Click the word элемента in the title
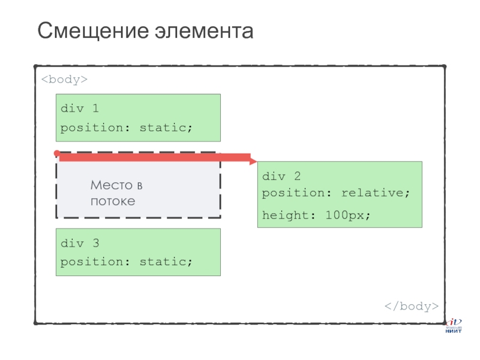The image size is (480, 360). (206, 31)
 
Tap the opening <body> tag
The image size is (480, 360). (65, 79)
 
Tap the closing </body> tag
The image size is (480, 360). (412, 306)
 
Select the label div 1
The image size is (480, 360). (80, 109)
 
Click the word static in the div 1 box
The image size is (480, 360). (166, 128)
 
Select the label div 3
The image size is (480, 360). (80, 243)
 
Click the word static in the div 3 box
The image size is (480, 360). (166, 262)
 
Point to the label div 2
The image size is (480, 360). (281, 176)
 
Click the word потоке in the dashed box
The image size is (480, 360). (113, 201)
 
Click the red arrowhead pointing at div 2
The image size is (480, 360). (253, 161)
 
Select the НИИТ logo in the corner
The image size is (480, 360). (453, 326)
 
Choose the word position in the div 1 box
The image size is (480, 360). (92, 128)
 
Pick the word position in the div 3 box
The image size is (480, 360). (92, 262)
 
